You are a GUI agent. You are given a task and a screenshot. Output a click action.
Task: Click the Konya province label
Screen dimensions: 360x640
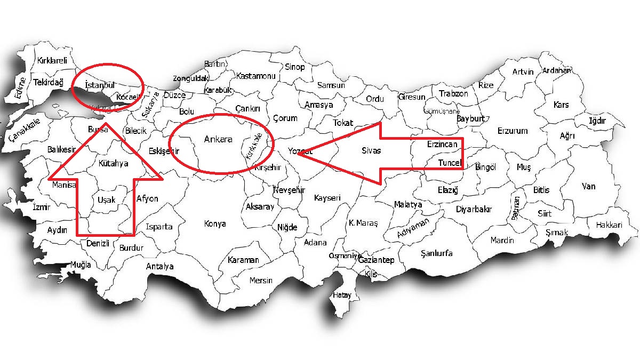(x=215, y=224)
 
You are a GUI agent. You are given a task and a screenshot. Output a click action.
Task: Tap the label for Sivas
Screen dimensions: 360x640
(x=371, y=151)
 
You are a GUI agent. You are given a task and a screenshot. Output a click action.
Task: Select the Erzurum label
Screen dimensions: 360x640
(x=512, y=131)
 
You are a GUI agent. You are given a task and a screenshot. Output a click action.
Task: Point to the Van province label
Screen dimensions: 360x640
(x=588, y=187)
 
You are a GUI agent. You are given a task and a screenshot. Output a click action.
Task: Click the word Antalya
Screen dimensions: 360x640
(x=160, y=266)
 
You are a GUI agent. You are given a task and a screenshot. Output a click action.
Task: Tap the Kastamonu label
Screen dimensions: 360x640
(x=255, y=76)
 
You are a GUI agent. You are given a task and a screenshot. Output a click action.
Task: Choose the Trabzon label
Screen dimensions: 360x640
(x=453, y=94)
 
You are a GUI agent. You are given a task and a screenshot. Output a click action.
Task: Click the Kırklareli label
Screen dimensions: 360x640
(x=52, y=61)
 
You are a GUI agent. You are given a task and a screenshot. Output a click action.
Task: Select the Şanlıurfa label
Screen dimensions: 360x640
(x=436, y=253)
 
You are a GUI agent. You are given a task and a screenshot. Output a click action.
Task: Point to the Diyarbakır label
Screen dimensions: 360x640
(x=473, y=209)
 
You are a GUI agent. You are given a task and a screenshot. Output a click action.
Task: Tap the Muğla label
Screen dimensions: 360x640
(x=81, y=265)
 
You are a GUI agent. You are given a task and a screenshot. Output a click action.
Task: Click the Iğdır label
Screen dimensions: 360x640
(x=597, y=121)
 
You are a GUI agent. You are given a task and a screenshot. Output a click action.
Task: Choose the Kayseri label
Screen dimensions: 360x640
(x=327, y=198)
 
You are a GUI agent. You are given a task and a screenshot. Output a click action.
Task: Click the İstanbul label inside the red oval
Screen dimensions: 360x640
(x=100, y=85)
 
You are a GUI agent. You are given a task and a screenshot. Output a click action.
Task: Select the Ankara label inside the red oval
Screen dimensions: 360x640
(x=219, y=140)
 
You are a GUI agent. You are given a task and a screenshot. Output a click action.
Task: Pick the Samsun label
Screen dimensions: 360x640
(x=331, y=85)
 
